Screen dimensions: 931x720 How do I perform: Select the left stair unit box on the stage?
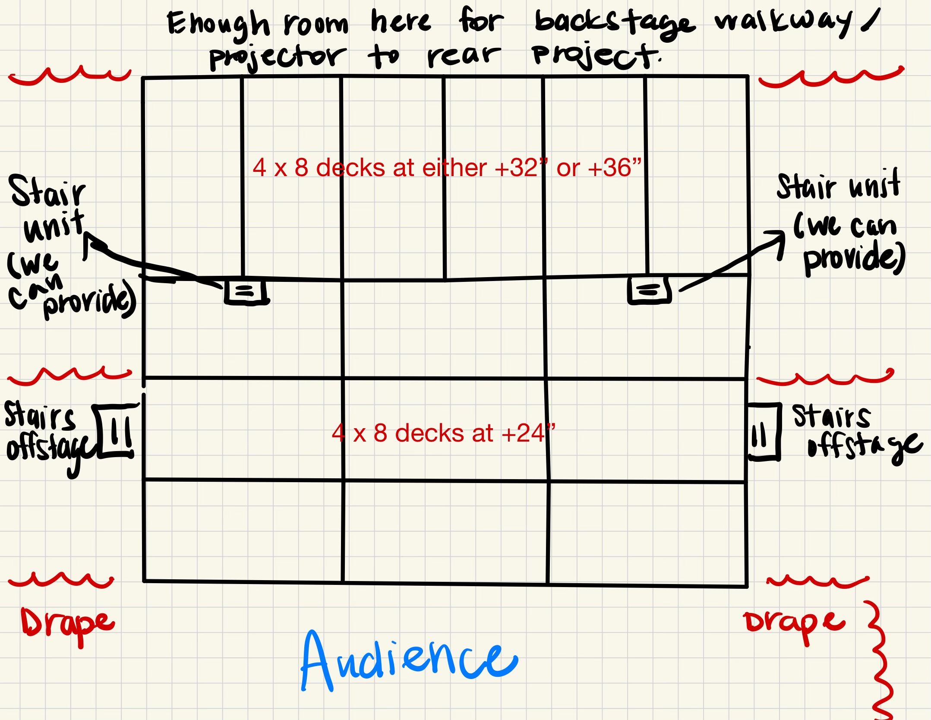click(x=245, y=291)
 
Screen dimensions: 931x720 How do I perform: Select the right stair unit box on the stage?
click(x=649, y=290)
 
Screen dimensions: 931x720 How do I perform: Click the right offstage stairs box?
click(x=764, y=432)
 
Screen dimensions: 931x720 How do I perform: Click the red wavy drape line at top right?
click(x=831, y=77)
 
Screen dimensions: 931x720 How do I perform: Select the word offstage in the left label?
click(x=50, y=449)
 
